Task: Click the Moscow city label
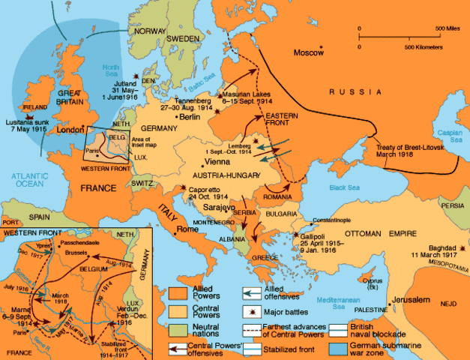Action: coord(308,54)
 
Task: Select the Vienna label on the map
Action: coord(216,161)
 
